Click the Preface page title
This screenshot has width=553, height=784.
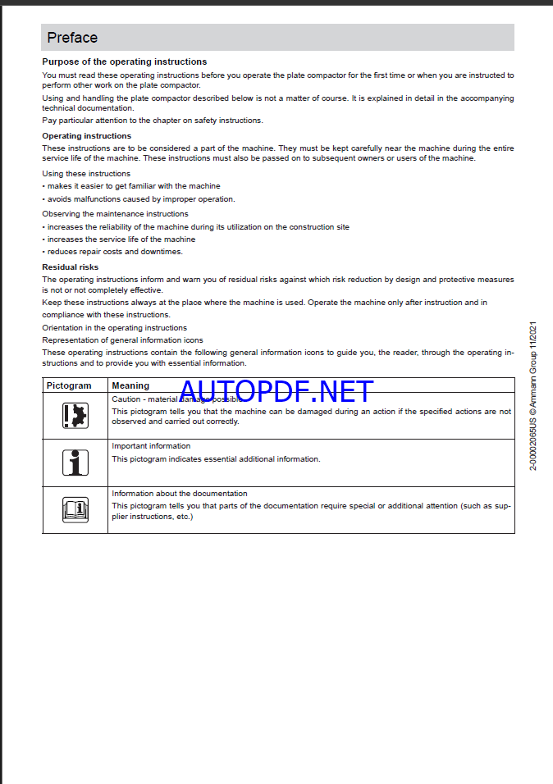(72, 38)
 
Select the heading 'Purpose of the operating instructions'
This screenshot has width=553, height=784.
(125, 62)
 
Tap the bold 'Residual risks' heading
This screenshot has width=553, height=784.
(71, 267)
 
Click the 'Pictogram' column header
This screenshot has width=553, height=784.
(69, 385)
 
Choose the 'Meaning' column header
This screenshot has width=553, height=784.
(130, 385)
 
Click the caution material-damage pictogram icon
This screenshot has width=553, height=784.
(75, 416)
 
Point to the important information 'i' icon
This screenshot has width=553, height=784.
(75, 463)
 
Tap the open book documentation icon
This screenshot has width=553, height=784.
(75, 510)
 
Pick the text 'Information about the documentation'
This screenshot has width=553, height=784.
(179, 494)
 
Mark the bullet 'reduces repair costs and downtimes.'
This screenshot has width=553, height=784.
(115, 252)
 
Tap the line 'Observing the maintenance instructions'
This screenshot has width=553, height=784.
(115, 214)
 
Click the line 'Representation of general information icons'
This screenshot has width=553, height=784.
(122, 340)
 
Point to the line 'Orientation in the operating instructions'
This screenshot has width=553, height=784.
(114, 328)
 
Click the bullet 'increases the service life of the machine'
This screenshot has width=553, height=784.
(121, 239)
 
